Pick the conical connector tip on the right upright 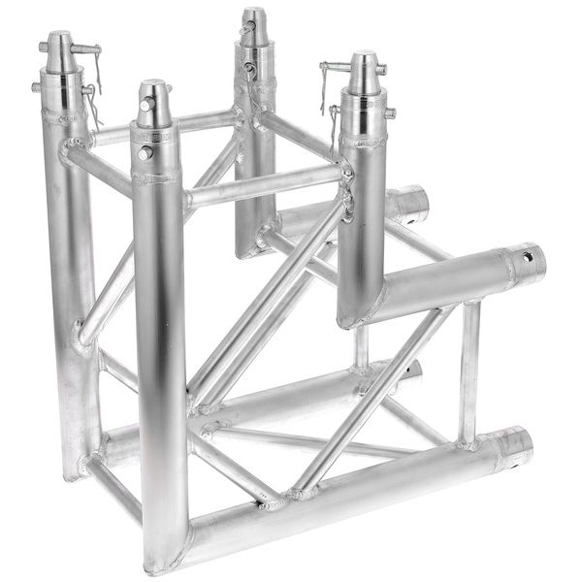click(x=364, y=70)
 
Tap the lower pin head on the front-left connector click(x=145, y=152)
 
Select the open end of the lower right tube click(x=519, y=445)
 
